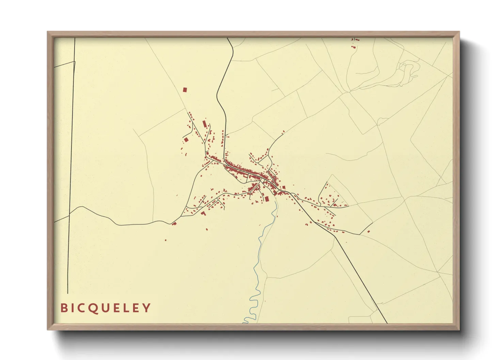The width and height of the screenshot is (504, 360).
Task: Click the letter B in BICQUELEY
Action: (64, 308)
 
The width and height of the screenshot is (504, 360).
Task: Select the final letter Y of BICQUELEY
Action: (146, 308)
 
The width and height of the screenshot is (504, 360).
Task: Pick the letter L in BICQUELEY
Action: (126, 308)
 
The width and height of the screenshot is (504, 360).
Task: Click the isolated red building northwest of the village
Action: (185, 90)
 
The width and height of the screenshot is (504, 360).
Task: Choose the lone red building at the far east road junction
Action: (368, 231)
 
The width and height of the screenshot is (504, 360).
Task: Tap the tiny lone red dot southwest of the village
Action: (166, 240)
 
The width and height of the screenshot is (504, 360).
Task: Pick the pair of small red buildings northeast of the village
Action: (283, 132)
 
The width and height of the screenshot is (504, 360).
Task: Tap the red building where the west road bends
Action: (174, 223)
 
